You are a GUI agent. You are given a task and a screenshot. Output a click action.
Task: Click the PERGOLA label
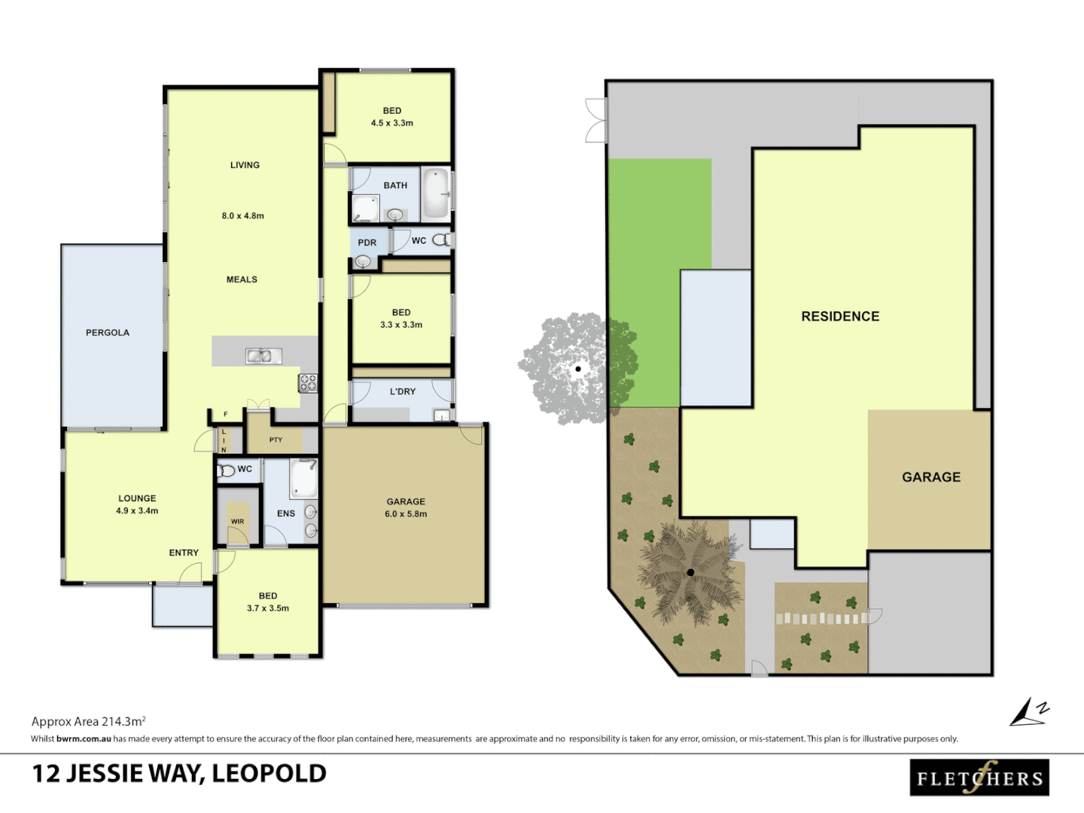(x=108, y=333)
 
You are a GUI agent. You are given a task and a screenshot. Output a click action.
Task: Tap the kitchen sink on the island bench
(x=263, y=355)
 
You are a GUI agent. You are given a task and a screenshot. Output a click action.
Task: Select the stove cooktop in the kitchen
(x=309, y=383)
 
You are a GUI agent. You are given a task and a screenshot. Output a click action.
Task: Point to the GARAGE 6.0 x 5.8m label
(x=406, y=507)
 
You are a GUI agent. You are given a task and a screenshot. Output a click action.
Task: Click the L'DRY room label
(x=403, y=391)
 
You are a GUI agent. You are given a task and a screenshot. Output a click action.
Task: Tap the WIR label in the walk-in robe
(x=238, y=521)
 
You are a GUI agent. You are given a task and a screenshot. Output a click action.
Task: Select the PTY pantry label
(x=276, y=440)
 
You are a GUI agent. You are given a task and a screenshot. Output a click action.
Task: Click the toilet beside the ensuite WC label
(x=226, y=471)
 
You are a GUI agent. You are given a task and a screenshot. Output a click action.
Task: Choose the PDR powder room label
(x=367, y=243)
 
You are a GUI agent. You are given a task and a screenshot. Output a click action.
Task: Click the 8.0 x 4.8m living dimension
(x=242, y=216)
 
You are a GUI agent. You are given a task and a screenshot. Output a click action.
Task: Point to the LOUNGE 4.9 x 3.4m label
(x=137, y=504)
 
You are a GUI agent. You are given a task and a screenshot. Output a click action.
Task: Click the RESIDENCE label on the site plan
(x=840, y=317)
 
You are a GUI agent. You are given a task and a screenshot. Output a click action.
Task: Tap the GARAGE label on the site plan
(x=931, y=477)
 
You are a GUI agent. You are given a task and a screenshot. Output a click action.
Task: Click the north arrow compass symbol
(x=1028, y=712)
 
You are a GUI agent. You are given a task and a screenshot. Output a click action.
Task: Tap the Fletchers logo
(x=979, y=778)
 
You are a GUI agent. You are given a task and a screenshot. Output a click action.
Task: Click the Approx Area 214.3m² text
(x=88, y=721)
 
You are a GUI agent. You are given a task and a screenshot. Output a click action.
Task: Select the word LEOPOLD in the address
(x=269, y=774)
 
